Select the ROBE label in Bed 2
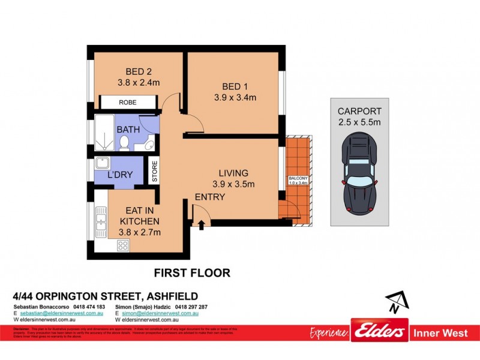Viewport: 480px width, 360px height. pyautogui.click(x=128, y=103)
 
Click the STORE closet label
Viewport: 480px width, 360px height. pyautogui.click(x=154, y=172)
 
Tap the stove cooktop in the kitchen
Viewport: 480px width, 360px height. pyautogui.click(x=123, y=245)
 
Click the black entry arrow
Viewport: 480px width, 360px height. pyautogui.click(x=201, y=224)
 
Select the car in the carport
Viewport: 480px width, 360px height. pyautogui.click(x=359, y=175)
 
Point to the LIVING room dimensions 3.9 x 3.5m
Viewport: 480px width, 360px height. pyautogui.click(x=233, y=184)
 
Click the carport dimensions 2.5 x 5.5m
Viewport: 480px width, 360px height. pyautogui.click(x=359, y=122)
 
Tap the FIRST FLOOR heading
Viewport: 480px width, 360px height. pyautogui.click(x=192, y=273)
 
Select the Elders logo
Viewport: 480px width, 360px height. pyautogui.click(x=380, y=333)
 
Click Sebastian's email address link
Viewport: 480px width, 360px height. pyautogui.click(x=62, y=314)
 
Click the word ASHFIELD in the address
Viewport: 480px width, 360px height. pyautogui.click(x=168, y=296)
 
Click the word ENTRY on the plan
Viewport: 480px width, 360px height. pyautogui.click(x=210, y=197)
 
